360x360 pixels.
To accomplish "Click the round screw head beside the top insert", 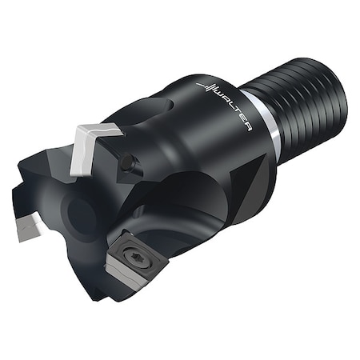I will [x=127, y=163].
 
